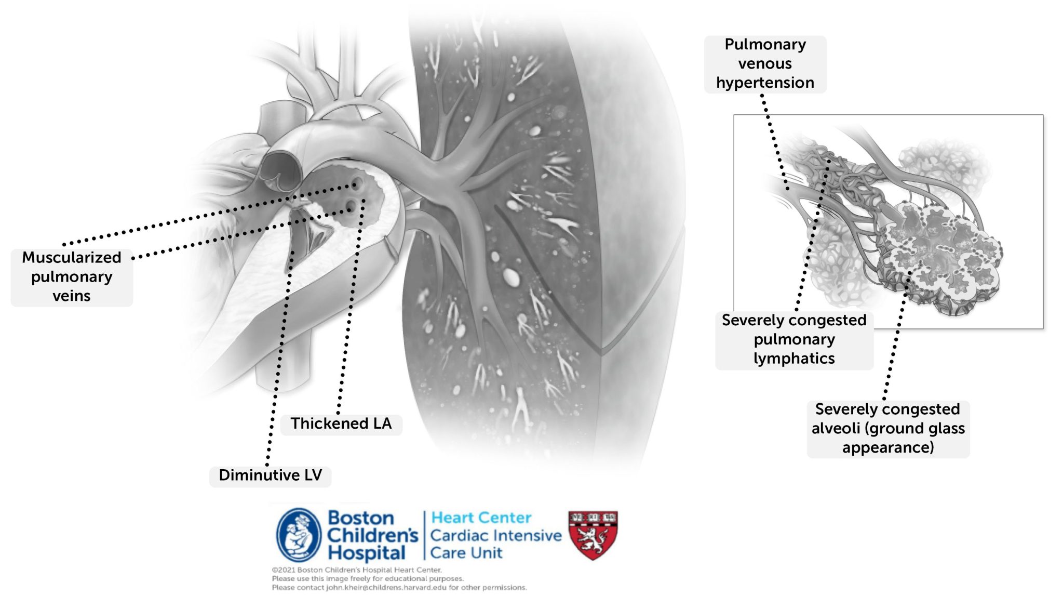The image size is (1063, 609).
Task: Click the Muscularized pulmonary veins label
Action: [x=72, y=277]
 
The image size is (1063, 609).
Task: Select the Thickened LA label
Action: [x=341, y=423]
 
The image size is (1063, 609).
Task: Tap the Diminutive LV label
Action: [x=270, y=475]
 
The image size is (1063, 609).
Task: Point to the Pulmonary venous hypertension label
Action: [x=765, y=64]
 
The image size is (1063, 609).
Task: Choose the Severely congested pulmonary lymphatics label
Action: [x=794, y=340]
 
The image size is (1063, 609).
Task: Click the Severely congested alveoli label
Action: [x=888, y=429]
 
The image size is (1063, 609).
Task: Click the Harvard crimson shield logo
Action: [x=593, y=535]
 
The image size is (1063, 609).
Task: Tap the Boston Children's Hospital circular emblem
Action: [x=299, y=535]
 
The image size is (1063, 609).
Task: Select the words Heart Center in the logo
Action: [x=481, y=518]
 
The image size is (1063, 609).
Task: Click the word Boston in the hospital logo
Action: [x=361, y=518]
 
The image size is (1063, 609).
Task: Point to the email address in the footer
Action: [x=386, y=588]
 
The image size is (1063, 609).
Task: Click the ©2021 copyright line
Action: [x=357, y=570]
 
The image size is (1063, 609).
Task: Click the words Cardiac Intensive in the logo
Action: [x=496, y=535]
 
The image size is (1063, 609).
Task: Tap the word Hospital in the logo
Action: [x=367, y=553]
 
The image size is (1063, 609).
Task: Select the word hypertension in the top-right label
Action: [x=765, y=83]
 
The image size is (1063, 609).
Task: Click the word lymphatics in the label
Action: [x=794, y=359]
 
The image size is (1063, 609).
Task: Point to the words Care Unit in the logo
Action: [x=466, y=553]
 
